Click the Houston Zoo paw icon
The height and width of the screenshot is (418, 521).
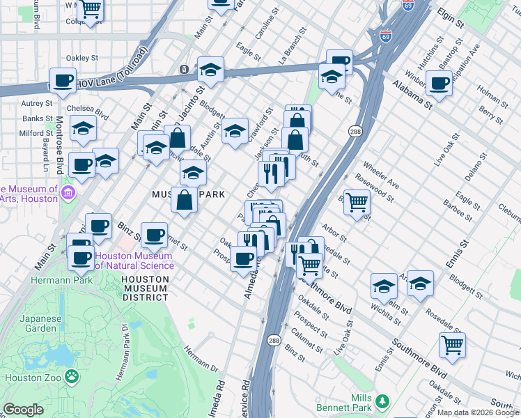pos(71,377)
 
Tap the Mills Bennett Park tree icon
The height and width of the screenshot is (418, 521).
pos(381,401)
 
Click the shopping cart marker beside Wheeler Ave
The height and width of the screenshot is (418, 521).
pos(357,203)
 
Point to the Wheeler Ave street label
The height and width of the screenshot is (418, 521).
pos(382,179)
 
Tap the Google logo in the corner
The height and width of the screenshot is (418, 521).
pos(24,410)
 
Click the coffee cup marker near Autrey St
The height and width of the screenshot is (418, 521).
pos(63,81)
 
